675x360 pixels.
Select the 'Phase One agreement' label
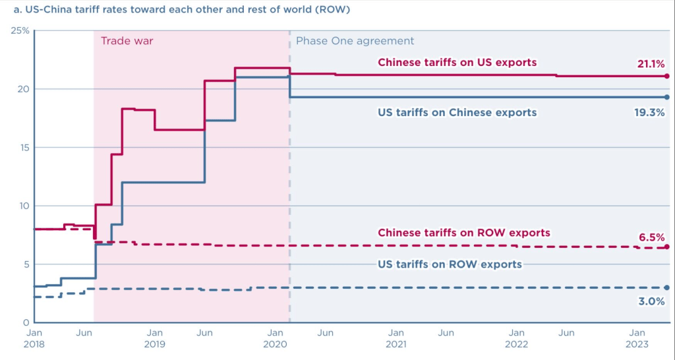[x=355, y=41]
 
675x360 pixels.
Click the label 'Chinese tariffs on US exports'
[x=457, y=63]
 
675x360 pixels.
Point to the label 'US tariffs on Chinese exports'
[x=457, y=113]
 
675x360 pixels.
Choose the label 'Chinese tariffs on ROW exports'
[x=463, y=233]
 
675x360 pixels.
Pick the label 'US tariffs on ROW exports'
[x=450, y=264]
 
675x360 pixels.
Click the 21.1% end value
[x=651, y=63]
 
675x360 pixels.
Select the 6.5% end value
[x=652, y=237]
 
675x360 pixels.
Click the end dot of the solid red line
[x=667, y=76]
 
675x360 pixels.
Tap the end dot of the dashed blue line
[x=667, y=288]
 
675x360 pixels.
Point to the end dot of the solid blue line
[x=667, y=98]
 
